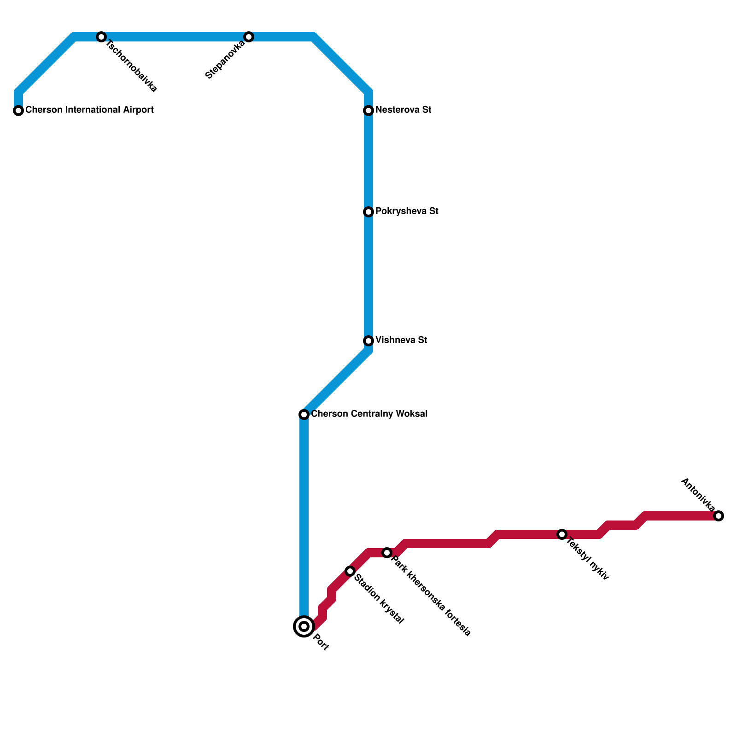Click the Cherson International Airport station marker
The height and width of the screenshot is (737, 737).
(x=18, y=111)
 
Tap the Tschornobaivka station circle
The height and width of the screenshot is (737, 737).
(x=101, y=37)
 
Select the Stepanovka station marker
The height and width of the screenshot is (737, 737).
(x=249, y=37)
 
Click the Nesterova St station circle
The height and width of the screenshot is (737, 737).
(x=368, y=111)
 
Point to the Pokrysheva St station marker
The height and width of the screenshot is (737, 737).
(x=368, y=212)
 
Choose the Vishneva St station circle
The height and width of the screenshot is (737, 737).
(x=368, y=341)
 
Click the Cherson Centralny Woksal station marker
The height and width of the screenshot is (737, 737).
(x=304, y=415)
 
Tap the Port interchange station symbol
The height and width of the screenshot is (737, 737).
(x=304, y=626)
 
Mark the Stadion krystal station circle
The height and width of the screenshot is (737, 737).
(x=350, y=571)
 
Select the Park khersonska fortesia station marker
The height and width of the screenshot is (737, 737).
(x=387, y=553)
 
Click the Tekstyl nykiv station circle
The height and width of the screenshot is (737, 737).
(x=562, y=534)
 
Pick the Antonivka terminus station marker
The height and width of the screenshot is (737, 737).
(x=719, y=516)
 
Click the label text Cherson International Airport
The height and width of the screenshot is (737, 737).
(x=89, y=110)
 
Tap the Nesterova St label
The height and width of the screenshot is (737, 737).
(x=403, y=110)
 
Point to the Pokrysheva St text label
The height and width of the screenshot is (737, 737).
(x=407, y=211)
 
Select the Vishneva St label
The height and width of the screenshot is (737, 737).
(x=401, y=340)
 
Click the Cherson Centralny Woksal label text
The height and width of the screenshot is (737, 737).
(x=369, y=414)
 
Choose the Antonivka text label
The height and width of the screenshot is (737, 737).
(x=697, y=495)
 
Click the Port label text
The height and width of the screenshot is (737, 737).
(x=321, y=643)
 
